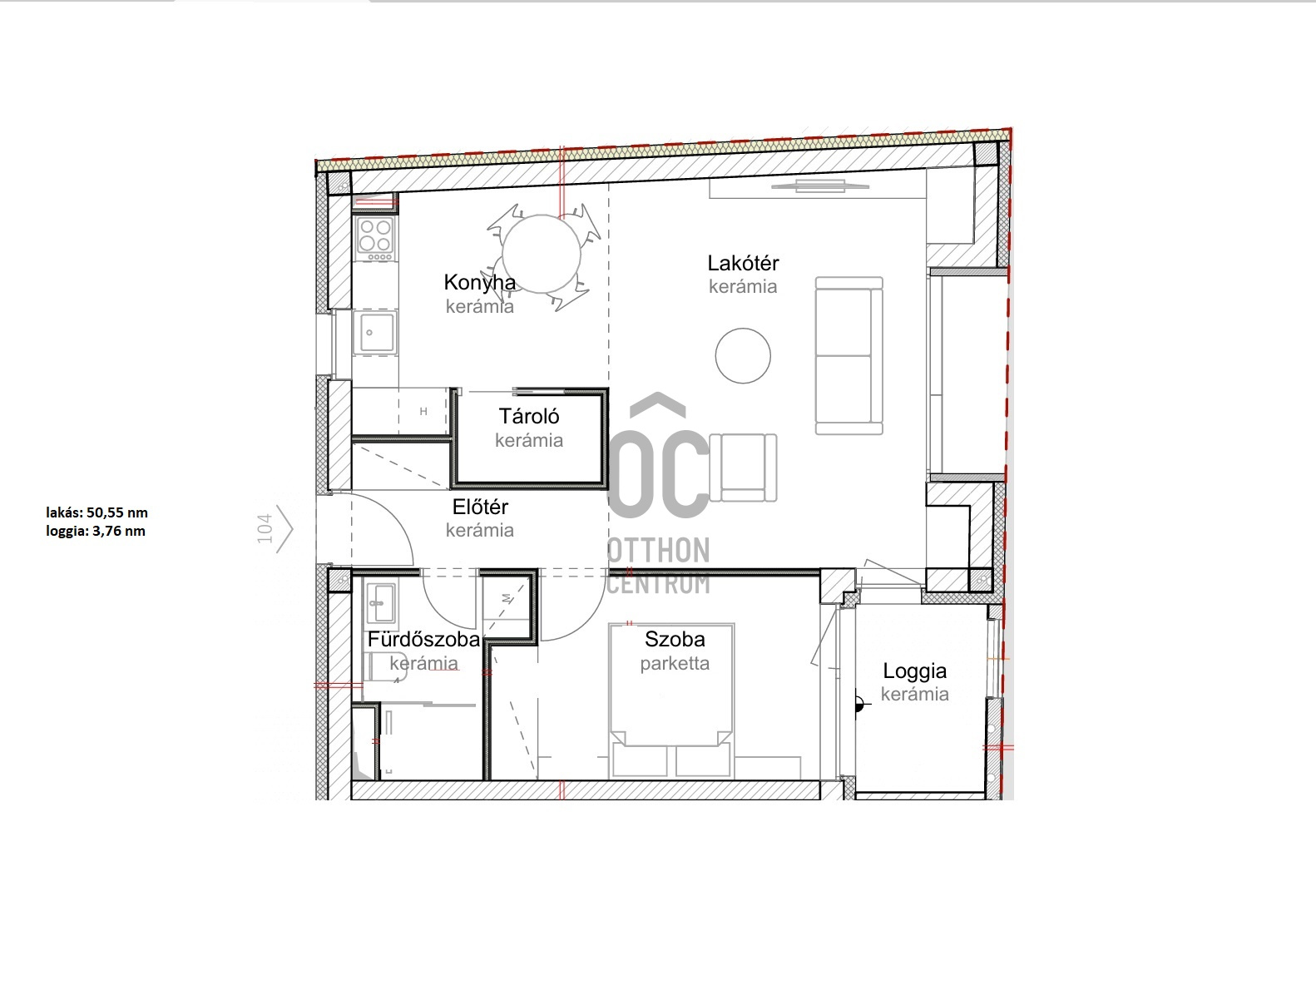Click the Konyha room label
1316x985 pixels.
click(x=480, y=282)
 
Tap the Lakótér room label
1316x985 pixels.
click(x=743, y=263)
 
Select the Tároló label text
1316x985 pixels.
click(x=529, y=416)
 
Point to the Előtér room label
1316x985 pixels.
click(x=480, y=507)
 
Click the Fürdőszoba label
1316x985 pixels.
click(x=424, y=639)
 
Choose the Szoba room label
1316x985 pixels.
click(x=675, y=639)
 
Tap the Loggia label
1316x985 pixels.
click(x=914, y=671)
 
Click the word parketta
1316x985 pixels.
click(x=675, y=664)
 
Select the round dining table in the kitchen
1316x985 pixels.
click(x=542, y=254)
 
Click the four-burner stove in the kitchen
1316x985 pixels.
click(x=375, y=239)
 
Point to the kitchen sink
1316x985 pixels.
click(x=375, y=332)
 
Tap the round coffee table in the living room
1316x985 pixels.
click(x=743, y=355)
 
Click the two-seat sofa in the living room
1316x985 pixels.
click(x=849, y=355)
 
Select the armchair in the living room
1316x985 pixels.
click(x=744, y=468)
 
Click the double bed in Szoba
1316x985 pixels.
click(x=671, y=700)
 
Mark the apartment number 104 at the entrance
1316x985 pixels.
click(x=265, y=529)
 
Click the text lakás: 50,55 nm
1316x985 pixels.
click(x=96, y=512)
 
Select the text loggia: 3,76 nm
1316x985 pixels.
click(x=96, y=531)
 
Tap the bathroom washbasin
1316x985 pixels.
click(x=380, y=602)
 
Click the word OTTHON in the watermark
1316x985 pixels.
click(x=658, y=551)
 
